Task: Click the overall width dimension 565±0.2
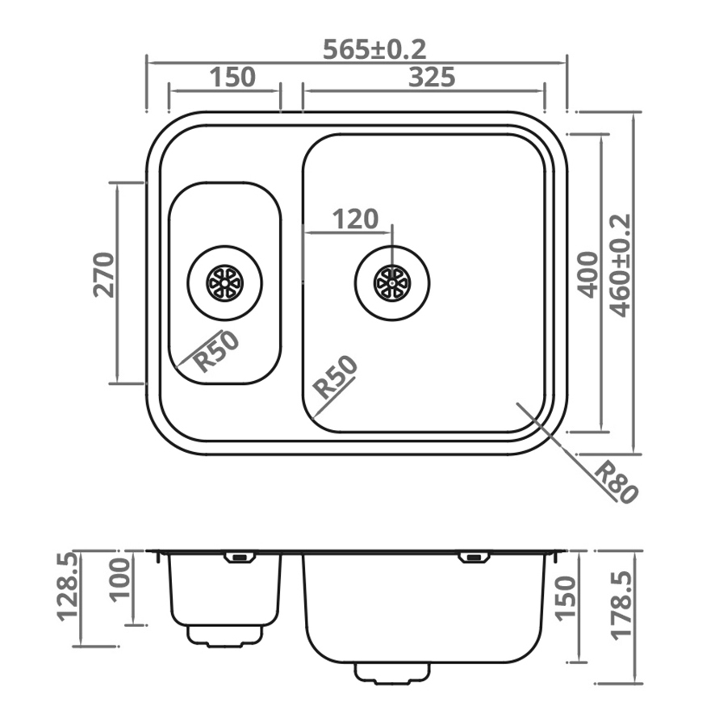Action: click(374, 49)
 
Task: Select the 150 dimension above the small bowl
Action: click(232, 77)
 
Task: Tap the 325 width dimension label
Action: click(432, 77)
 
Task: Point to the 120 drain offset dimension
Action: click(355, 219)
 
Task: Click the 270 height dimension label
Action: click(104, 274)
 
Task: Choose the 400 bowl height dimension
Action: click(589, 274)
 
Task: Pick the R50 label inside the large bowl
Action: click(335, 377)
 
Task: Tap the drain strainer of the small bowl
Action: click(224, 283)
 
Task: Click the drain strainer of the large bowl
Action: click(392, 283)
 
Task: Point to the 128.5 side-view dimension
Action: click(68, 585)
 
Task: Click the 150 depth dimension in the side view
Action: click(567, 597)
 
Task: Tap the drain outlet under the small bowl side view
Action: click(225, 635)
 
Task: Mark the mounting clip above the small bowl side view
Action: click(239, 557)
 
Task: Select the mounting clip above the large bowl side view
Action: click(472, 557)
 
